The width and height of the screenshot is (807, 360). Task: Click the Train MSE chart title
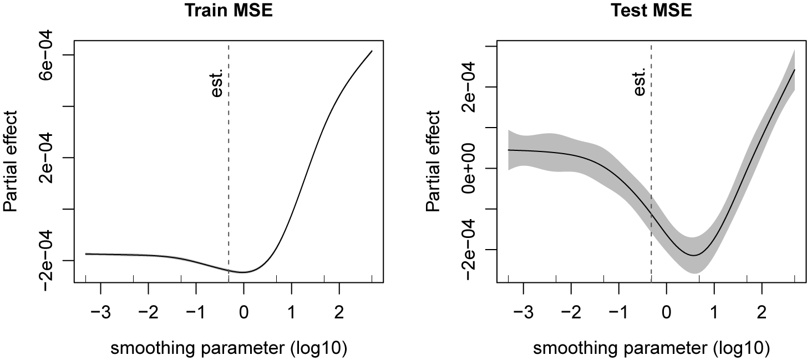(x=229, y=11)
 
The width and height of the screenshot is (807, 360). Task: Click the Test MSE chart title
(x=651, y=11)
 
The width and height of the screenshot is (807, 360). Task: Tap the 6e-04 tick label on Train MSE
(x=46, y=55)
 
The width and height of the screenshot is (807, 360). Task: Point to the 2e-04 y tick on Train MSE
(x=46, y=158)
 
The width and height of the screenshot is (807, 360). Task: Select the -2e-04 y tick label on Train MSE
(x=46, y=260)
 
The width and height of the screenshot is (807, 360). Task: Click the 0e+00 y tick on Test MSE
(x=469, y=168)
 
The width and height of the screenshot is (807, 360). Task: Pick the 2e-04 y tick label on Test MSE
(x=469, y=87)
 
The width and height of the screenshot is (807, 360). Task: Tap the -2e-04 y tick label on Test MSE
(x=469, y=250)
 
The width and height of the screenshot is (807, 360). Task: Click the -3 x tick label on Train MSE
(x=100, y=312)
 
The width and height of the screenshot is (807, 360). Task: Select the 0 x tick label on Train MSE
(x=244, y=312)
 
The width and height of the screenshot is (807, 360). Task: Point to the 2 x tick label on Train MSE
(x=339, y=312)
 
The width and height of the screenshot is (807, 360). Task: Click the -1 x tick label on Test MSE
(x=618, y=312)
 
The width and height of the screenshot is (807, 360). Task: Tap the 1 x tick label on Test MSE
(x=714, y=312)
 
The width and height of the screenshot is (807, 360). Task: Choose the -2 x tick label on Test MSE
(x=571, y=312)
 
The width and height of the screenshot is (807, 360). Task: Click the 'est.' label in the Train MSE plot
(x=217, y=83)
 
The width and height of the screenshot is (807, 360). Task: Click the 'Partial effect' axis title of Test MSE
(x=433, y=161)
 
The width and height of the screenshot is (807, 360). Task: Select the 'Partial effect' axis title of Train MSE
(x=10, y=161)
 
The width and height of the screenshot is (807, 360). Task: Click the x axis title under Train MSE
(x=229, y=348)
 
